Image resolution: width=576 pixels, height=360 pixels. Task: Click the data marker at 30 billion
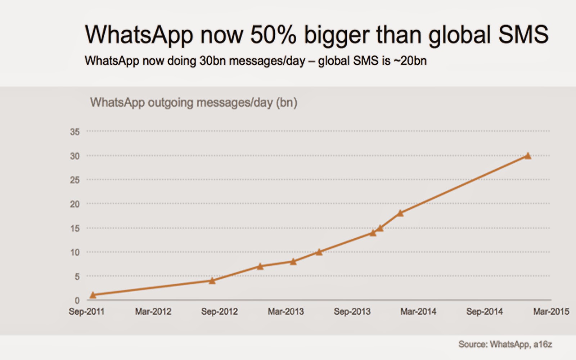[x=528, y=156]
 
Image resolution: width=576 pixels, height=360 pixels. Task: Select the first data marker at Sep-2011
[x=93, y=295]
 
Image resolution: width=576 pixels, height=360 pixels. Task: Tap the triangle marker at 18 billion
[x=400, y=213]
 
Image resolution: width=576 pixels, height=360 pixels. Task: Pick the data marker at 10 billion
[x=319, y=252]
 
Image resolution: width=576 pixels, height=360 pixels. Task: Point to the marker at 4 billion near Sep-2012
[x=212, y=280]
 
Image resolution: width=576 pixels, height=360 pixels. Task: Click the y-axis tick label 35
[x=75, y=132]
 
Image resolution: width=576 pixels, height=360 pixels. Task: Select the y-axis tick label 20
[x=75, y=204]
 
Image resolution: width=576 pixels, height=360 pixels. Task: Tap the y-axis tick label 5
[x=77, y=276]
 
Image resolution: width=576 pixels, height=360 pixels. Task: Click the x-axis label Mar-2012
[x=153, y=311]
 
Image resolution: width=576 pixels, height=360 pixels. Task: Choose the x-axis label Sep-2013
[x=352, y=311]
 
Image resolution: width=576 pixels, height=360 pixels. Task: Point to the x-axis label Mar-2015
[x=551, y=311]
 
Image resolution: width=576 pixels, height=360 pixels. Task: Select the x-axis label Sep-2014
[x=484, y=311]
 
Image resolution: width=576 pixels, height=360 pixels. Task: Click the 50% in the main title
[x=273, y=35]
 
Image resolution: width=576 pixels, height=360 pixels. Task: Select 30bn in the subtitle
[x=212, y=60]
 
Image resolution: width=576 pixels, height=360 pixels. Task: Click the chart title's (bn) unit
[x=287, y=103]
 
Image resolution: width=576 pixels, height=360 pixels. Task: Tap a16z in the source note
[x=543, y=345]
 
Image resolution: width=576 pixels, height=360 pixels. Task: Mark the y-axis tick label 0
[x=77, y=301]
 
